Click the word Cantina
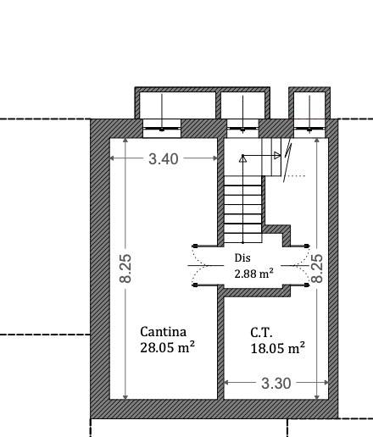tap(163, 332)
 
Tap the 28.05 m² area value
tap(167, 347)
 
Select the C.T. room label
tap(261, 333)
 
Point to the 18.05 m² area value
tap(278, 348)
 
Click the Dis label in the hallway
tap(242, 257)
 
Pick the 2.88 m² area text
tap(253, 274)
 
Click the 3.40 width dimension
tap(164, 158)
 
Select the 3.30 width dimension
tap(276, 383)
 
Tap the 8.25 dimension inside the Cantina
tap(125, 268)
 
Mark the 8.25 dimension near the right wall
tap(317, 268)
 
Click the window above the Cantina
tap(162, 129)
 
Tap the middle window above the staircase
tap(242, 129)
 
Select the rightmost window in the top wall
tap(309, 129)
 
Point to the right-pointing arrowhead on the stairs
tap(277, 155)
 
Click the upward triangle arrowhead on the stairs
tap(242, 159)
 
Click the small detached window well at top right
tap(309, 103)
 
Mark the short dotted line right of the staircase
tap(295, 175)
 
